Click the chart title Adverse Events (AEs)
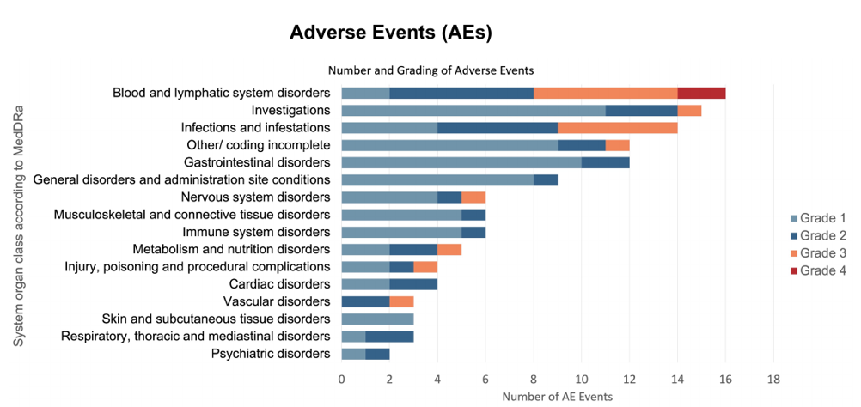click(x=390, y=33)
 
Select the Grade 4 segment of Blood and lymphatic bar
click(x=701, y=93)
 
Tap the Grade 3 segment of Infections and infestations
click(x=617, y=127)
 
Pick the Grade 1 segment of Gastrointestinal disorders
click(x=461, y=162)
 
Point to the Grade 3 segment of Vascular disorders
click(x=401, y=301)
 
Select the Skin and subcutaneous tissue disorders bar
click(x=377, y=319)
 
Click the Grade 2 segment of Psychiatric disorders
click(x=377, y=354)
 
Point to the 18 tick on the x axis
click(x=772, y=379)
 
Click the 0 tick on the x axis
click(x=341, y=379)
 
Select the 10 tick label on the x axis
click(x=581, y=379)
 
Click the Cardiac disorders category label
click(x=280, y=284)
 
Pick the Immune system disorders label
click(x=256, y=232)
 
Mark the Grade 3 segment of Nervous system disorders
click(x=473, y=197)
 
